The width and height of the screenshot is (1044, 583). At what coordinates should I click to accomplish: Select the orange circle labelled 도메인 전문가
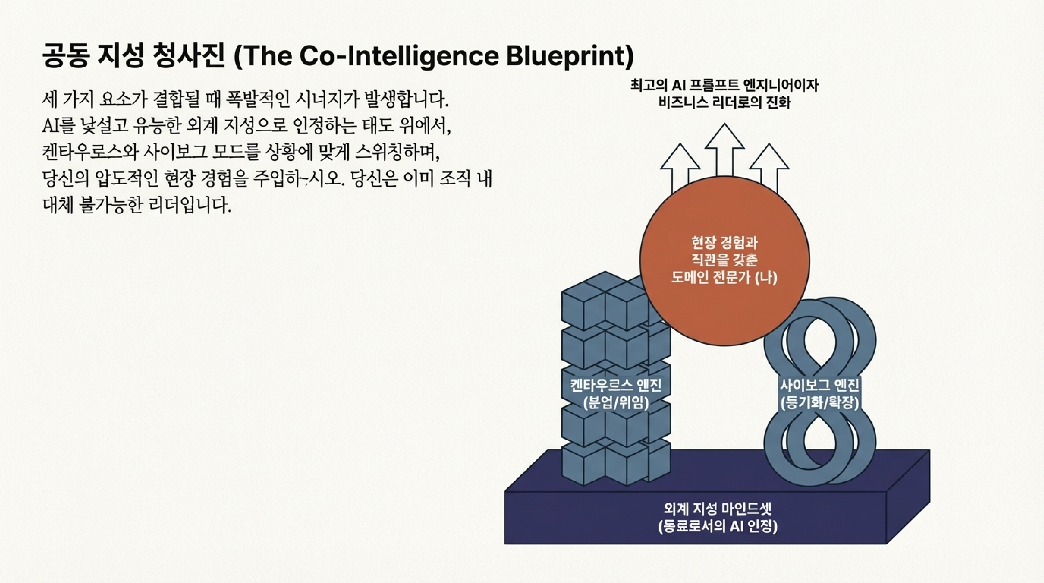coord(724,261)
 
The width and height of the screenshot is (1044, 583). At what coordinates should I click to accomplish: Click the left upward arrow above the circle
coord(680,166)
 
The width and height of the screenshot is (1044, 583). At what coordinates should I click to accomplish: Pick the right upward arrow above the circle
coord(769,166)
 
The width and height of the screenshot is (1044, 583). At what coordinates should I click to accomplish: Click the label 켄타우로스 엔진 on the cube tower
coord(616,385)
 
